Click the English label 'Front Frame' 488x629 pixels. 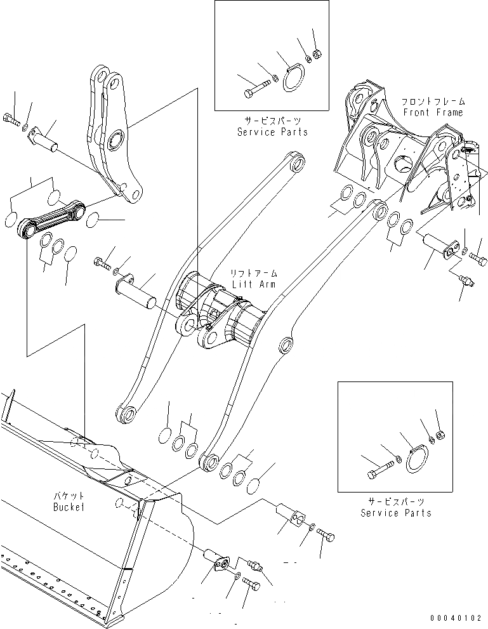click(433, 112)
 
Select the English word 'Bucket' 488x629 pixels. click(69, 508)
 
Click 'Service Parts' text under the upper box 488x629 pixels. click(272, 132)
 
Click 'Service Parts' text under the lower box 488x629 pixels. click(396, 512)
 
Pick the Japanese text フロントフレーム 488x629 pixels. click(433, 101)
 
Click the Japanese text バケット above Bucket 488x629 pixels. click(69, 496)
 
